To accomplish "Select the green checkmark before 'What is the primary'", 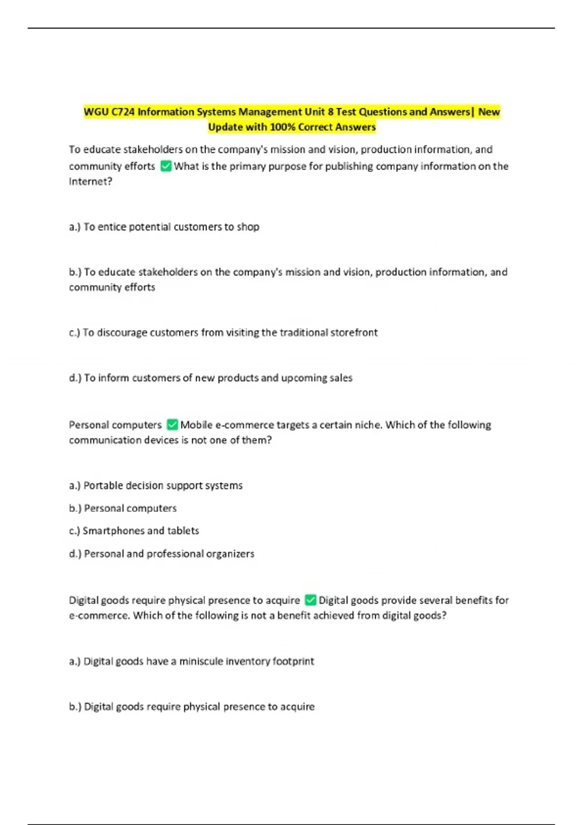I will [x=166, y=166].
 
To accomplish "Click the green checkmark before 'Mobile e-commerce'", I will [x=172, y=425].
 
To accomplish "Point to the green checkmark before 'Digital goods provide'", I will [x=310, y=600].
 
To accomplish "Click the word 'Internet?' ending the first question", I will [x=90, y=181].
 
